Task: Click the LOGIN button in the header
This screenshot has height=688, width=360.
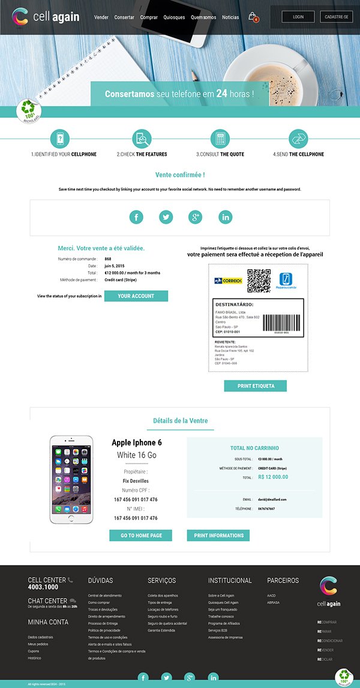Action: tap(298, 17)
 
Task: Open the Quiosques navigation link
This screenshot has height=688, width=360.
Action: tap(174, 17)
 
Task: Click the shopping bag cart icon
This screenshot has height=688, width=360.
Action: tap(253, 17)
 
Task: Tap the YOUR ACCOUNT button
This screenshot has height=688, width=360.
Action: tap(136, 296)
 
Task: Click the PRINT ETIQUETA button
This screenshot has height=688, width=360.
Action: tap(255, 386)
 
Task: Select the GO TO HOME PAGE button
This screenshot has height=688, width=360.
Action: tap(140, 535)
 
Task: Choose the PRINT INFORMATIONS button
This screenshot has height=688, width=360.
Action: tap(218, 535)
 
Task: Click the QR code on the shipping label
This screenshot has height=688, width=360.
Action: tap(259, 281)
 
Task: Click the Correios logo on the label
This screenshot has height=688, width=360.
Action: tap(228, 281)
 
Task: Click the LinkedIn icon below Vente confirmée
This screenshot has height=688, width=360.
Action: tap(226, 217)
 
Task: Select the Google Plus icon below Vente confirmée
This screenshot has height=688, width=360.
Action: tap(196, 217)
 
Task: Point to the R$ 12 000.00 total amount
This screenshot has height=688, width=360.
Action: tap(273, 477)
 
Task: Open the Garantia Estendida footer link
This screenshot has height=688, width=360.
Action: tap(161, 630)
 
